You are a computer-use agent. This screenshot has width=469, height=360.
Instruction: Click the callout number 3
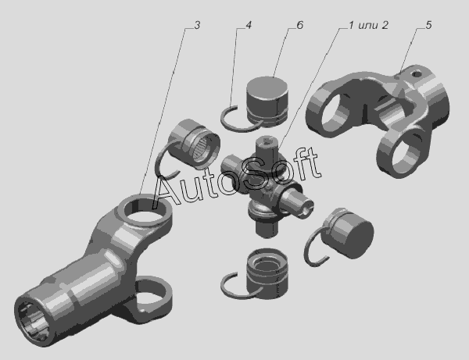tap(197, 26)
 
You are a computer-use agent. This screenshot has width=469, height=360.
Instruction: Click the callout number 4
tap(249, 25)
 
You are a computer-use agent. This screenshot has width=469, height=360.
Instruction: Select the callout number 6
tap(300, 25)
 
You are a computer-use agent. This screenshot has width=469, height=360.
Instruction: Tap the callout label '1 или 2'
tap(369, 25)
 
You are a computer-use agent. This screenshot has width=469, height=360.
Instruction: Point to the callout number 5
tap(428, 25)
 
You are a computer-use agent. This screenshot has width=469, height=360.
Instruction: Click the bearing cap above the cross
tap(267, 101)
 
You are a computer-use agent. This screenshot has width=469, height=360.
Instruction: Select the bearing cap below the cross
tap(267, 271)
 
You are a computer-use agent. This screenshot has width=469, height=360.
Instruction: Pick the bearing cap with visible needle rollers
tap(195, 143)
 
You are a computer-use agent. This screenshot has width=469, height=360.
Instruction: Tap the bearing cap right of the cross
tap(350, 233)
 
